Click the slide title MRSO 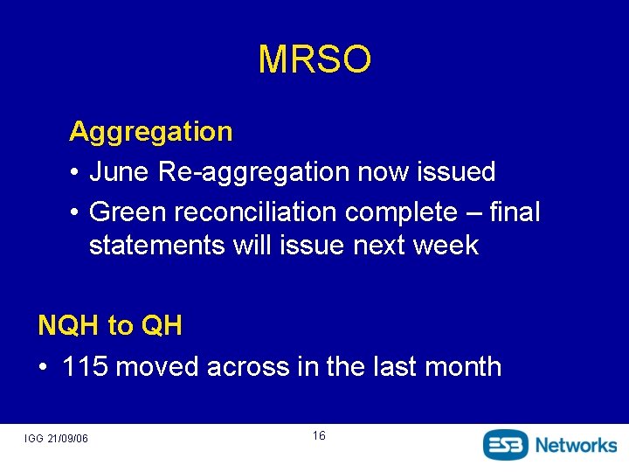click(x=314, y=59)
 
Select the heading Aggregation click(x=150, y=132)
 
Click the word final click(x=515, y=212)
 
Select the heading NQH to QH click(x=110, y=326)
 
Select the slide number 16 click(x=318, y=435)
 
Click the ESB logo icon click(x=506, y=444)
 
